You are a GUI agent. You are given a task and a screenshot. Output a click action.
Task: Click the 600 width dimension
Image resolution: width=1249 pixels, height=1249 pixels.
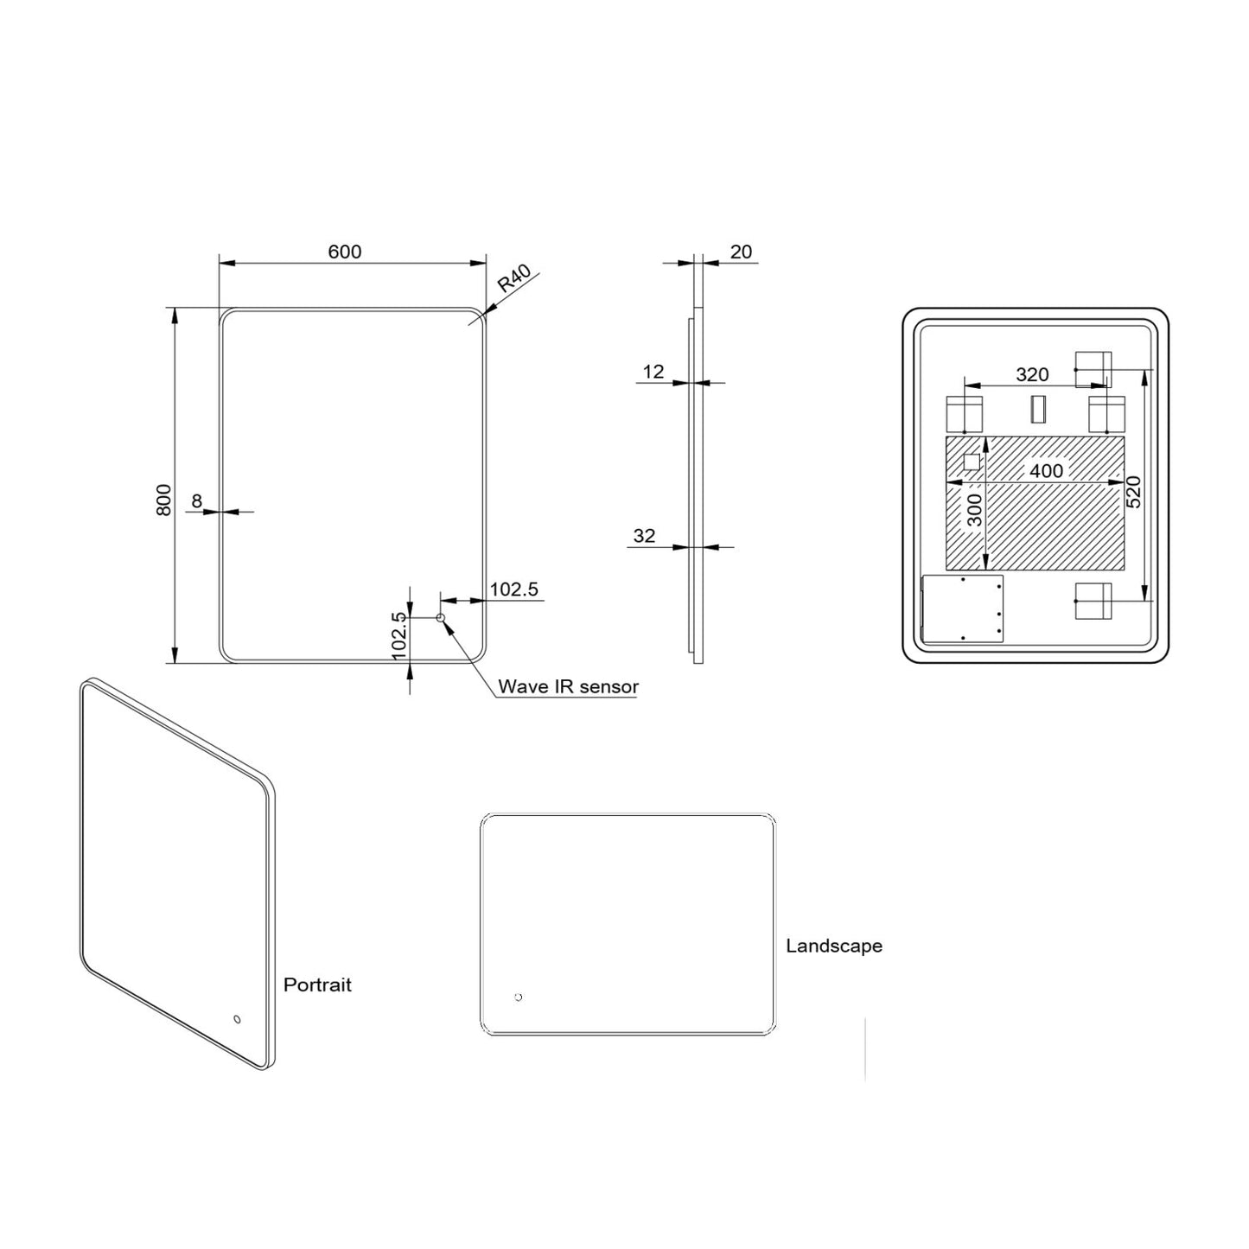(x=344, y=252)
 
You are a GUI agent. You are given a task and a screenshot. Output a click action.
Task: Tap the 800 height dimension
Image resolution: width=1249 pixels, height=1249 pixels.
(x=163, y=500)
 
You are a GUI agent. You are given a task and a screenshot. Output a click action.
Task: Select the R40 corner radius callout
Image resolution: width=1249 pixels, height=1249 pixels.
(x=513, y=279)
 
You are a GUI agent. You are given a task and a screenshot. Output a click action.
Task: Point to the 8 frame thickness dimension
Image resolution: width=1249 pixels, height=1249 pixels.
(x=196, y=500)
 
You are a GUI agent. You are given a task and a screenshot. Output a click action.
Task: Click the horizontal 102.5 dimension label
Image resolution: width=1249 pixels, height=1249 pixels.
(x=513, y=589)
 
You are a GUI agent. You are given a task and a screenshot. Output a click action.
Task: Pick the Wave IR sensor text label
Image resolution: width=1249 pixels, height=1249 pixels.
(x=568, y=687)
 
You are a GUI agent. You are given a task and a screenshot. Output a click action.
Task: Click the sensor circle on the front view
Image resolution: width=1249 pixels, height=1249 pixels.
(x=440, y=617)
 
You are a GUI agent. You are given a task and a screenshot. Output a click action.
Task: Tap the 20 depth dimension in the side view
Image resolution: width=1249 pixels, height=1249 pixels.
(x=741, y=252)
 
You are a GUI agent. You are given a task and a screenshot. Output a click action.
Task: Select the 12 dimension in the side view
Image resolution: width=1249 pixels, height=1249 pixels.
(x=653, y=372)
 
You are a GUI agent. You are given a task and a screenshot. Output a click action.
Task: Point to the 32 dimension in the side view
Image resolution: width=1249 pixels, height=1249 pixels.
(x=644, y=536)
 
